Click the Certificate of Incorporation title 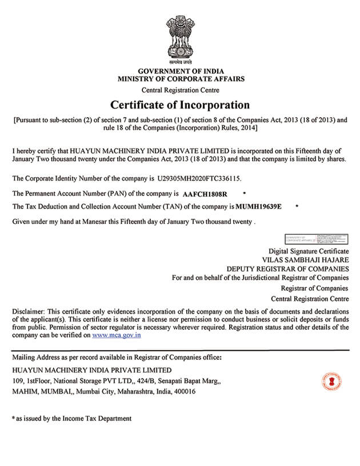tap(180, 105)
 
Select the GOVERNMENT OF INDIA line tap(180, 70)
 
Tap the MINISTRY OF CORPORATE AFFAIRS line tap(180, 79)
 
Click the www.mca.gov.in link tap(117, 336)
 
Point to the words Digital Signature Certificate tap(309, 251)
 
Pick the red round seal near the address tap(331, 380)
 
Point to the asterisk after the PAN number tap(245, 194)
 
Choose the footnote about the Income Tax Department tap(73, 419)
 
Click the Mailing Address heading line tap(117, 357)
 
